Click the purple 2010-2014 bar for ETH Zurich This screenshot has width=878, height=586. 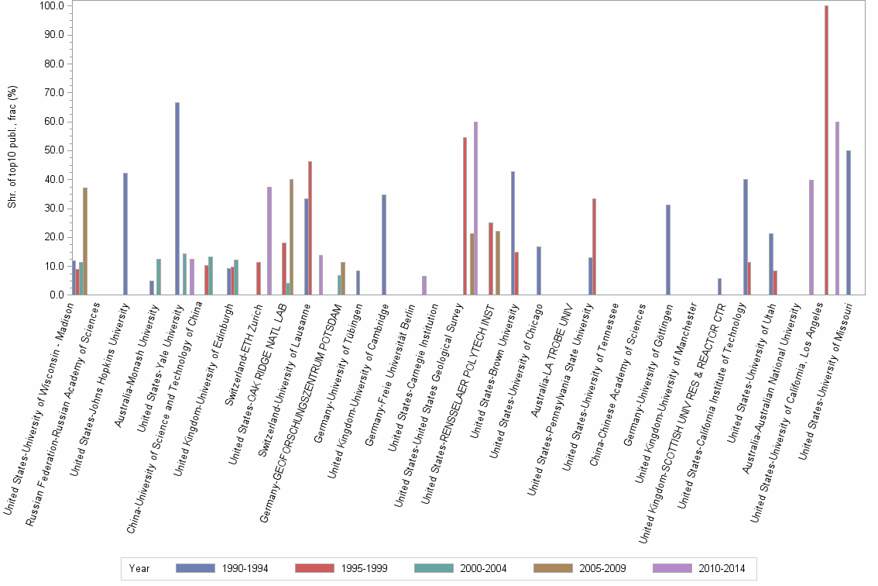click(x=269, y=241)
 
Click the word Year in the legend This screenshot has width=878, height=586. click(x=139, y=568)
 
